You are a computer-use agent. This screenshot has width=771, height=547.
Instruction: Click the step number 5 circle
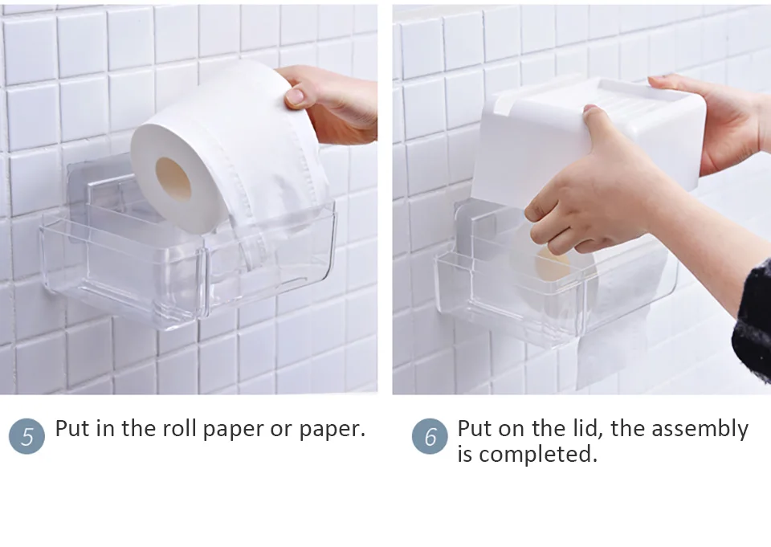pos(27,436)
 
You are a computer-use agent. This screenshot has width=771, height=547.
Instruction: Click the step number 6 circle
pos(430,436)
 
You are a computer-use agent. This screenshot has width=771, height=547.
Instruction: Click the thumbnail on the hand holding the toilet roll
pos(295,96)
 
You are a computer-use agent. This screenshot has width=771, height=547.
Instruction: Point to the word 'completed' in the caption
pos(540,455)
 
